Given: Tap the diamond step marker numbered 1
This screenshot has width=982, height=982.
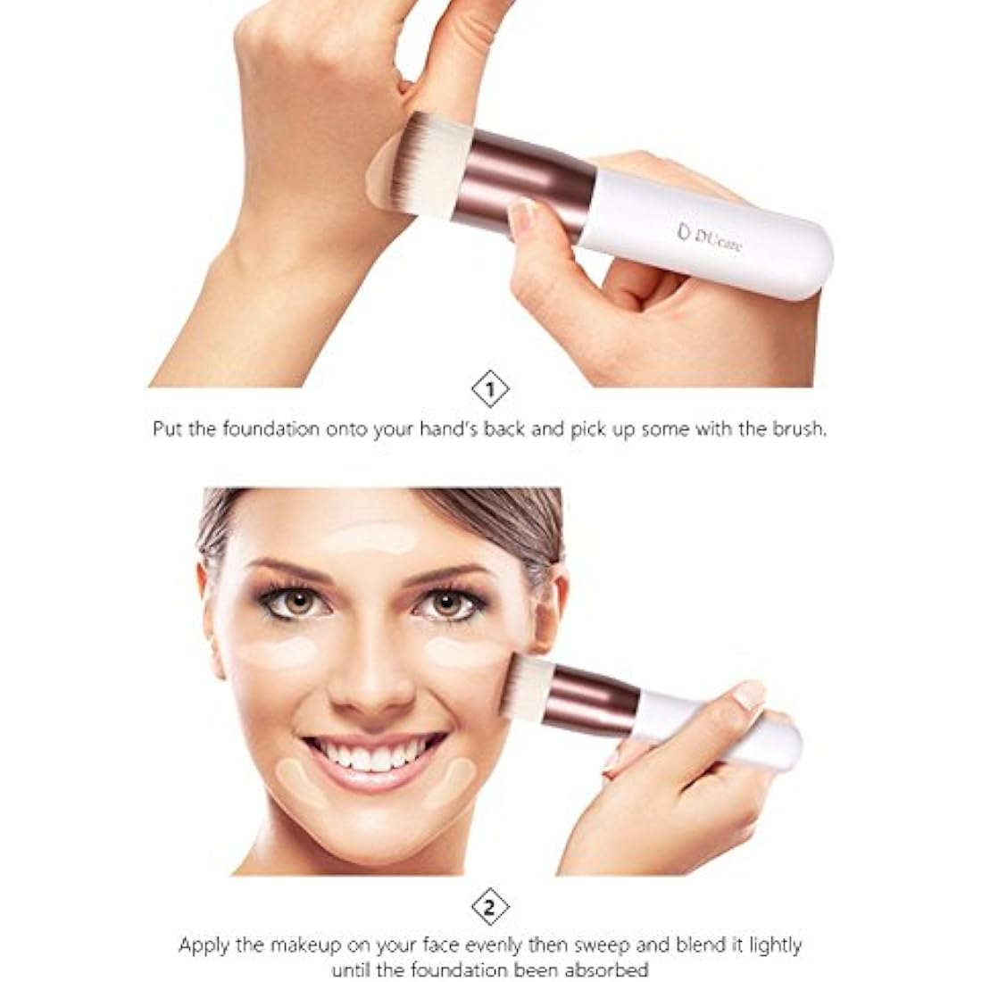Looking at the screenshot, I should pos(490,389).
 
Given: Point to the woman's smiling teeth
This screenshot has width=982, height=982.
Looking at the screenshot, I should pos(375,755).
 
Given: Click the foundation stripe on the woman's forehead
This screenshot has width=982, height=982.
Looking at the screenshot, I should pos(372,538).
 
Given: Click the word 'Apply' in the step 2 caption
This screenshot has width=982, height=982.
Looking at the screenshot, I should pos(201,945).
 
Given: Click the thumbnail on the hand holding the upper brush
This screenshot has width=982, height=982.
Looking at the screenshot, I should pos(523,215).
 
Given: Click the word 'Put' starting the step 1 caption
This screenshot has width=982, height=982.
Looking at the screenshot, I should pos(167,429).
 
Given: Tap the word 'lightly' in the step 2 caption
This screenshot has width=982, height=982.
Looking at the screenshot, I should pos(772,945).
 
